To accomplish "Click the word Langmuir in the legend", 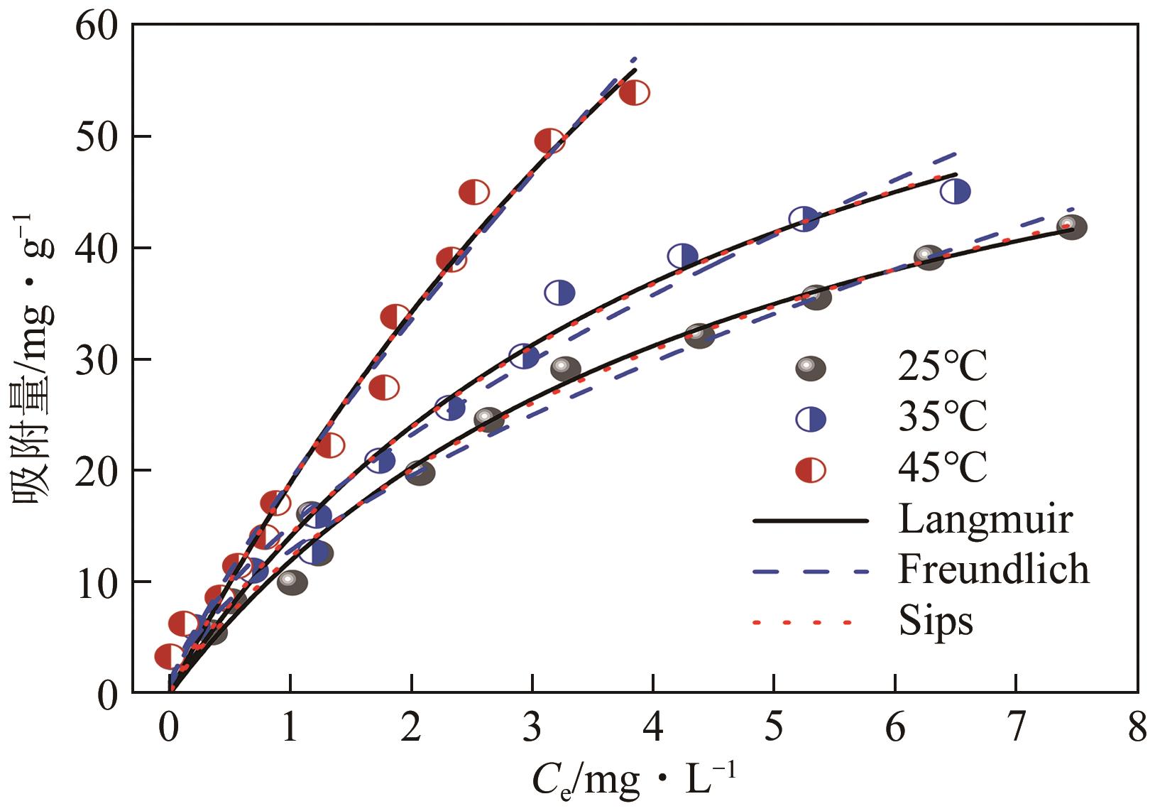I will (x=985, y=520).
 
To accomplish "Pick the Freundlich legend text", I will (x=993, y=570).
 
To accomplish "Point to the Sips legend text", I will (x=935, y=621).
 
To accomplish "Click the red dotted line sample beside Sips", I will (x=801, y=623).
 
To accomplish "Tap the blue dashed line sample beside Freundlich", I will (x=810, y=571).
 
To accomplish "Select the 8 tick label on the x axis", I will (x=1137, y=729).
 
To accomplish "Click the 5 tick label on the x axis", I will (x=774, y=729).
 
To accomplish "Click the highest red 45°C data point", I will (x=634, y=93).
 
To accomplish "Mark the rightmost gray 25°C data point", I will (x=1072, y=227).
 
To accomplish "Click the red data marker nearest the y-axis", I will (x=169, y=657).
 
